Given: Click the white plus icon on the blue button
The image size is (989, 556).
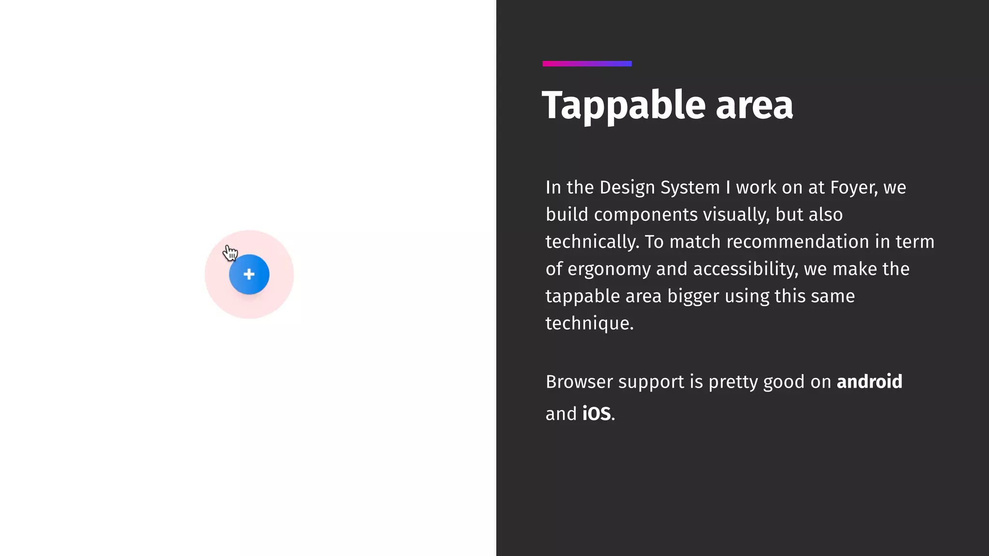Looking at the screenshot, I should pyautogui.click(x=249, y=275).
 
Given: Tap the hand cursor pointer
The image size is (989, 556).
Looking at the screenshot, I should pyautogui.click(x=230, y=252).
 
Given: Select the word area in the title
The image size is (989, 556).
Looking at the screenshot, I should pyautogui.click(x=754, y=105).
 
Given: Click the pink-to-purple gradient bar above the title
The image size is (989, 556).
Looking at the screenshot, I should pyautogui.click(x=587, y=64).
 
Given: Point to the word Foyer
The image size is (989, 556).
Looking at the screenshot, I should pyautogui.click(x=853, y=187).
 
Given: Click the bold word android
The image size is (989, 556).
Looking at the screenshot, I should pyautogui.click(x=869, y=382).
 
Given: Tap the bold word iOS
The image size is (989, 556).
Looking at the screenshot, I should pyautogui.click(x=596, y=414).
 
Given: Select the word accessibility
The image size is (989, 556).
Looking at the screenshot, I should pyautogui.click(x=745, y=269).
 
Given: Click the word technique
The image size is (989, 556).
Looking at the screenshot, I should pyautogui.click(x=589, y=323).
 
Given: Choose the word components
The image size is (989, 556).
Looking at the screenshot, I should pyautogui.click(x=646, y=214).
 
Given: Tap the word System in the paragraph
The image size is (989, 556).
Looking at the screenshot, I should pyautogui.click(x=690, y=187).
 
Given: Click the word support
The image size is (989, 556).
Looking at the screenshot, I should pyautogui.click(x=651, y=382).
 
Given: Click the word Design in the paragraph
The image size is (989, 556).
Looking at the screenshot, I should pyautogui.click(x=627, y=187).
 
